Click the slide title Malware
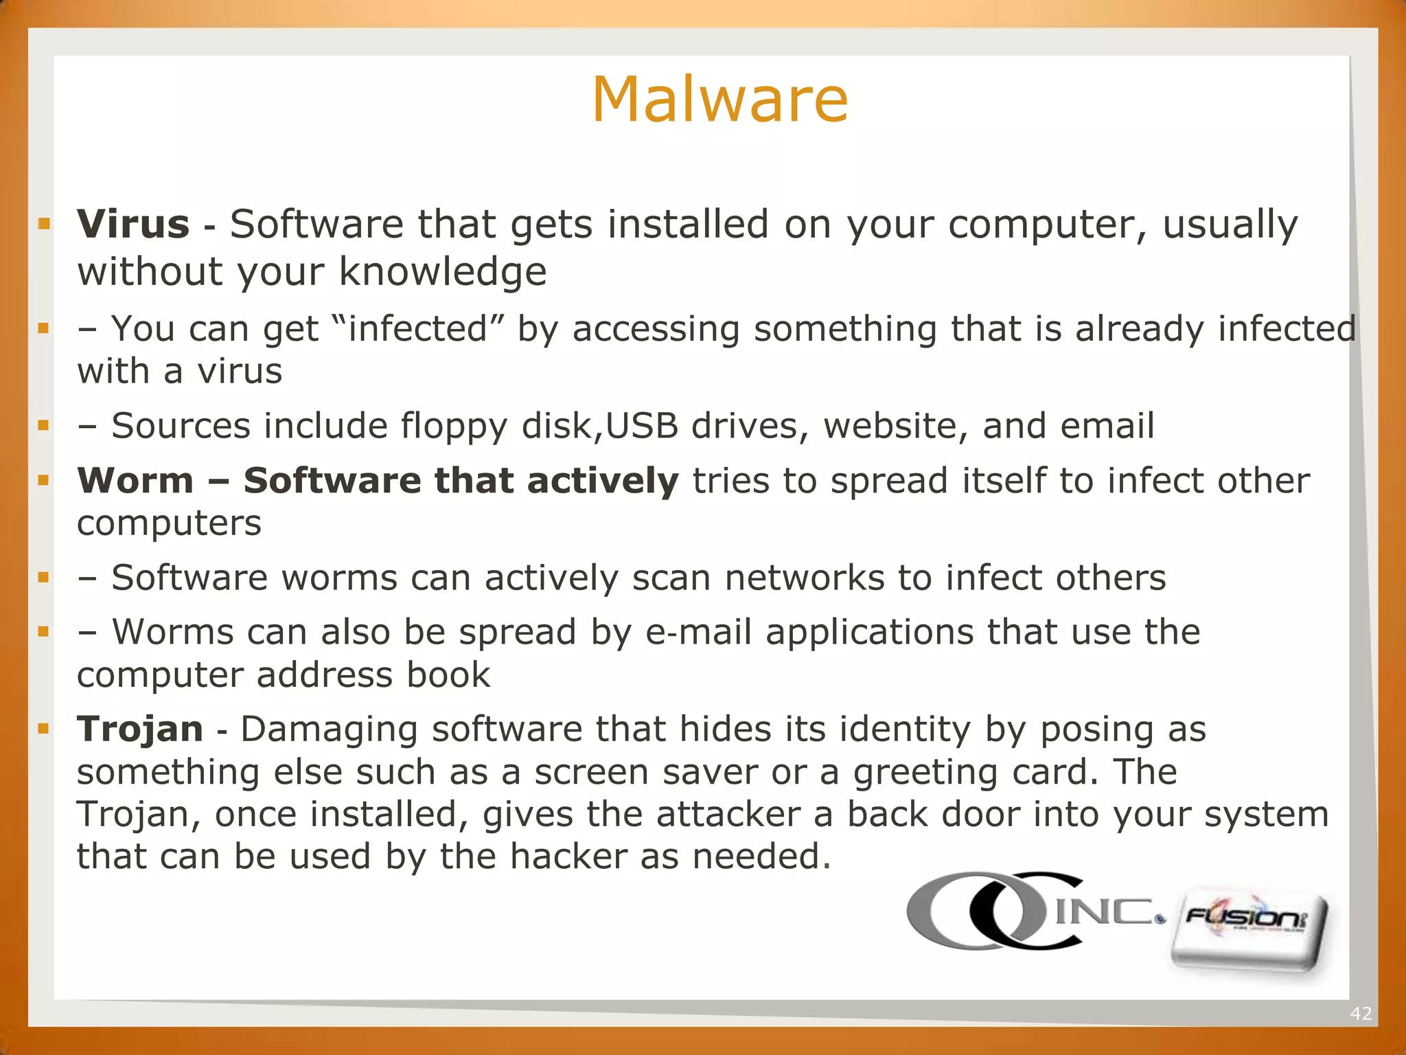pos(720,100)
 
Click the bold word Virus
pos(133,225)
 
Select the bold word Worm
pos(135,480)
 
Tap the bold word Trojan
pos(140,729)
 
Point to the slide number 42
pos(1360,1013)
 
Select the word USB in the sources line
pos(643,426)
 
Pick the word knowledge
pos(443,272)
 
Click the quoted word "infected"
pos(418,328)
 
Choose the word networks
pos(805,578)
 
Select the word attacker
pos(728,815)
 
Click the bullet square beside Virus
pos(44,224)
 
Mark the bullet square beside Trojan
pos(44,729)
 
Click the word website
pos(895,426)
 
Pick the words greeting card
pos(971,772)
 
